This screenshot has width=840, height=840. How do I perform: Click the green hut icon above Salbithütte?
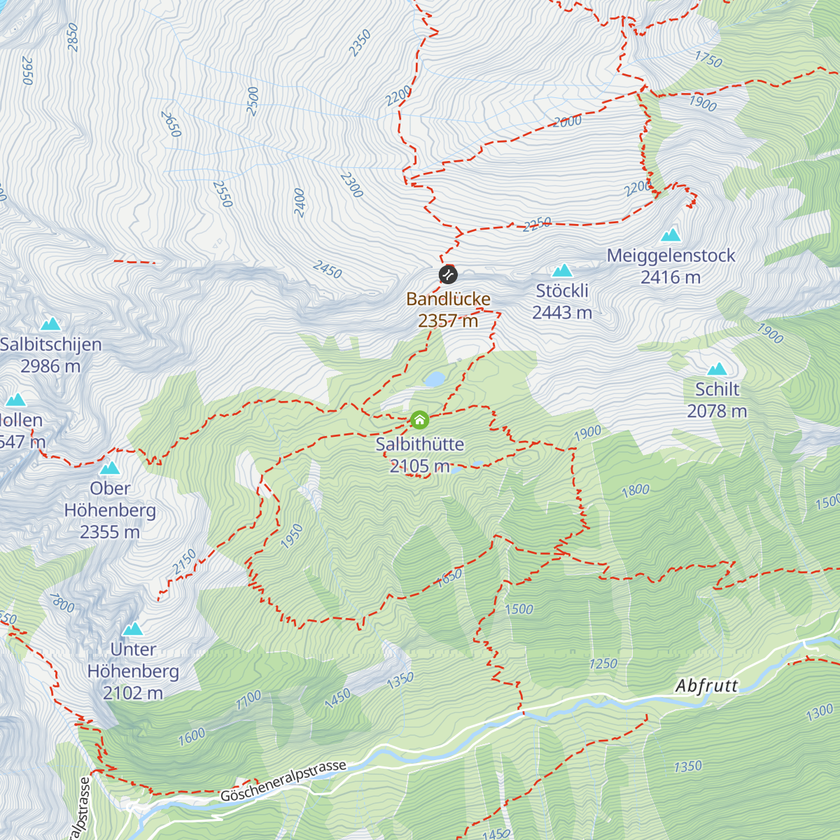tap(419, 420)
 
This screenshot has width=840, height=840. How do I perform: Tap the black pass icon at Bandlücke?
tap(448, 274)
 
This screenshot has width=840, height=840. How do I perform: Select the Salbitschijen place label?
tap(51, 344)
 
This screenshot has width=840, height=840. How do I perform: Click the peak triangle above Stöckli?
tap(562, 271)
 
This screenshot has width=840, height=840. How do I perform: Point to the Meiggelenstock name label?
tap(671, 255)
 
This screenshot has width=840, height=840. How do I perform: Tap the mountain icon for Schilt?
tap(717, 370)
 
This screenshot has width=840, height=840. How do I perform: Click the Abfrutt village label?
tap(707, 685)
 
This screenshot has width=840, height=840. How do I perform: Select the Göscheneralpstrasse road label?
tap(283, 781)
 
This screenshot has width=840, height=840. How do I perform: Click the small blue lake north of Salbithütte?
tap(434, 379)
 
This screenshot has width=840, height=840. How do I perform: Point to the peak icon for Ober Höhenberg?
tap(110, 468)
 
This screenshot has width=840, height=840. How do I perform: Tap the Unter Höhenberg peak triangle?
tap(132, 629)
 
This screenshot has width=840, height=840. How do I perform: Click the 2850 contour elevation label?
tap(73, 37)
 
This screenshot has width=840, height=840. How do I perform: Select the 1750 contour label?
tap(708, 59)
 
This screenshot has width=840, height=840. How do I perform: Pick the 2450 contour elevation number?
tap(328, 269)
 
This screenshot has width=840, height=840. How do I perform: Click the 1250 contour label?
tap(603, 663)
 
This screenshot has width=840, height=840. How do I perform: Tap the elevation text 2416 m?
tap(671, 277)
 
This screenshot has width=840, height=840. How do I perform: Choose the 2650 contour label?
tap(171, 124)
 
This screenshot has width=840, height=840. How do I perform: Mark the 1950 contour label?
tap(292, 535)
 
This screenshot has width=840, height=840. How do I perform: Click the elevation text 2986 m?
tap(50, 366)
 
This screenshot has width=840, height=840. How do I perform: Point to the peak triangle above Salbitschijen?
tap(50, 323)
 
